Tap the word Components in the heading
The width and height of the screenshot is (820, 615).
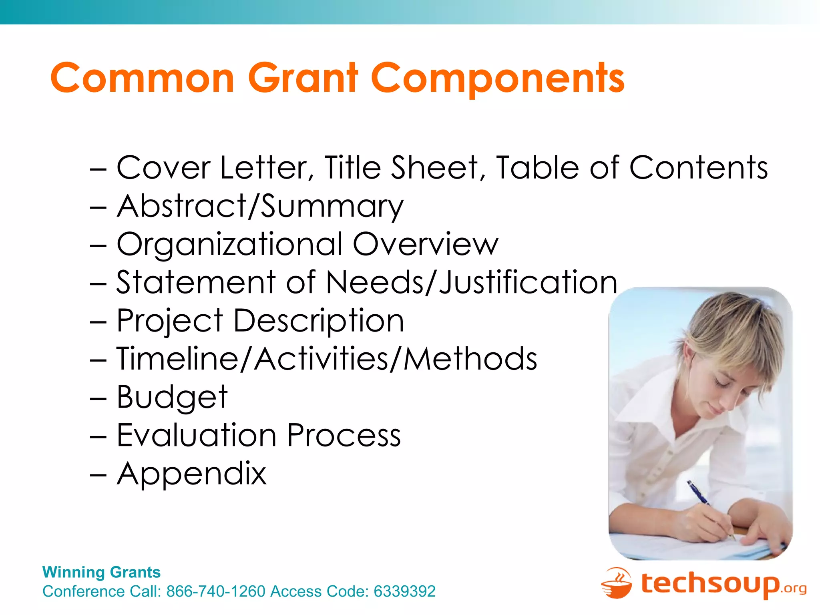click(x=498, y=78)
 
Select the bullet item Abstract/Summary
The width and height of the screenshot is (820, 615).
click(x=260, y=206)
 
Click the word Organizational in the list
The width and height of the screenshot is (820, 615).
click(x=230, y=244)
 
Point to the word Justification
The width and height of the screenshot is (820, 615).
click(x=529, y=282)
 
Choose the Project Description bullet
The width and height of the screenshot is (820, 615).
click(x=260, y=321)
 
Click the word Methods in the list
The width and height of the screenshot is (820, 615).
click(x=470, y=359)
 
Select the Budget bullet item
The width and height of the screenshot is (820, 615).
click(x=172, y=397)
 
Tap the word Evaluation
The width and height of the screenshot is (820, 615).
click(x=196, y=435)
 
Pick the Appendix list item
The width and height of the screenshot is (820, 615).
click(x=191, y=474)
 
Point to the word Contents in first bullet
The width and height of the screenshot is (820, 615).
click(x=699, y=167)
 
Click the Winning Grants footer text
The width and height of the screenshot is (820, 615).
click(x=101, y=572)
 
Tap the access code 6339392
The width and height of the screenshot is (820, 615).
click(x=404, y=591)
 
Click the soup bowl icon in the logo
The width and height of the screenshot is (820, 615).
click(x=617, y=583)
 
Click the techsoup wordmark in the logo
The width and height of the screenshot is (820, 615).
click(x=711, y=583)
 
